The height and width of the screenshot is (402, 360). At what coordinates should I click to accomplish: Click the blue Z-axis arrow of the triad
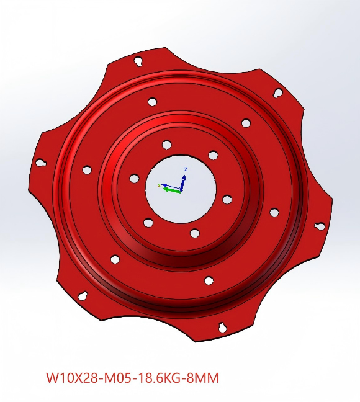click(183, 183)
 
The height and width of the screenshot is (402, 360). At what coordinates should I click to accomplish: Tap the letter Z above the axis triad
click(186, 169)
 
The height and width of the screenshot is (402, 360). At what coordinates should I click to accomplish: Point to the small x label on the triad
click(159, 185)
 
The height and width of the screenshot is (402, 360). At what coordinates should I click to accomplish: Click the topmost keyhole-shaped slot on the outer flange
click(138, 61)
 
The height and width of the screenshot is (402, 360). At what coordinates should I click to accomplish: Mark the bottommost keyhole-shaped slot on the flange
click(222, 327)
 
